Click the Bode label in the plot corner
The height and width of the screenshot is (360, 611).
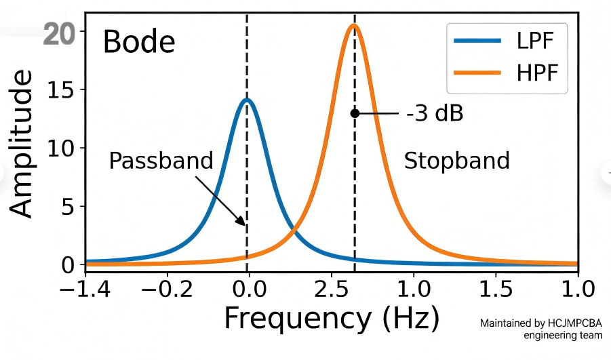(139, 43)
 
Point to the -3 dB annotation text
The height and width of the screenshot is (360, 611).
(435, 114)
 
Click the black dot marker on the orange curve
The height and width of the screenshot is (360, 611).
(355, 113)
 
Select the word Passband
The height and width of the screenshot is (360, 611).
(161, 161)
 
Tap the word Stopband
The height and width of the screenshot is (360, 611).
(456, 161)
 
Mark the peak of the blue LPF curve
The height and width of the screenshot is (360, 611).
(247, 100)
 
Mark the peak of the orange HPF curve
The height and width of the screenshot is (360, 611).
(353, 26)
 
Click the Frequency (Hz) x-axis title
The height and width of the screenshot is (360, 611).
(332, 317)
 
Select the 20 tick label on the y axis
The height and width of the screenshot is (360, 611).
(59, 33)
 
